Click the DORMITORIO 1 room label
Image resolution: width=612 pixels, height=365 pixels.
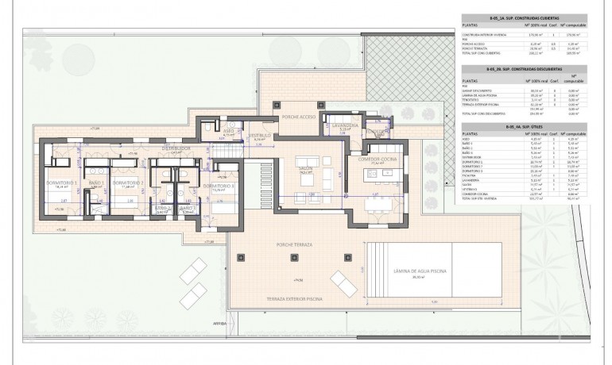click(x=58, y=183)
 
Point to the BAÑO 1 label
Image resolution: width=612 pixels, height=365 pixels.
click(x=95, y=183)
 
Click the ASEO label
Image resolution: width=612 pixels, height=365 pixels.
click(x=227, y=131)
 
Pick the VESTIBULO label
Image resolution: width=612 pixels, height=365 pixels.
click(x=260, y=135)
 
